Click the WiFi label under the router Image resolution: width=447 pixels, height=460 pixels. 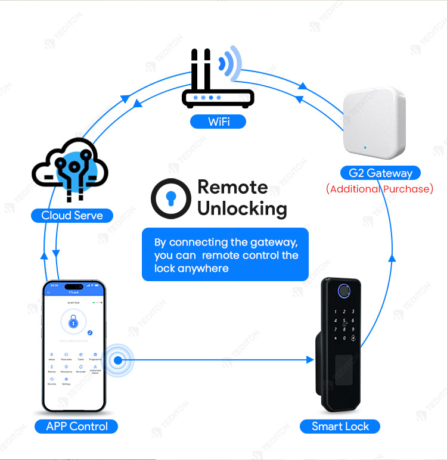coord(219,122)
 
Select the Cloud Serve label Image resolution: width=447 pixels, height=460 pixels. coord(72,215)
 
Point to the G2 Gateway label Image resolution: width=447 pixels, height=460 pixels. coord(380,173)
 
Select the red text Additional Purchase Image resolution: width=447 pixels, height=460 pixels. coord(380,189)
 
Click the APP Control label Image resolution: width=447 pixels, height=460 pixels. coord(77,426)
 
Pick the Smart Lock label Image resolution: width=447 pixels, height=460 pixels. coord(340,426)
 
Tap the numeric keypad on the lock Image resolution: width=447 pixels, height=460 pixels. coord(344,325)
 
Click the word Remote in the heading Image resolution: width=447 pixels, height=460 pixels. coord(232,187)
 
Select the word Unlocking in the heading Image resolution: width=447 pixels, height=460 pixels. coord(242,209)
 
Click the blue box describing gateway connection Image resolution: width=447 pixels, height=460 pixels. coord(225,255)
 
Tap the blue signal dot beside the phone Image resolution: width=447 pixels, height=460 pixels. coord(118,360)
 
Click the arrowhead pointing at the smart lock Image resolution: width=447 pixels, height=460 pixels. coord(309,360)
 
